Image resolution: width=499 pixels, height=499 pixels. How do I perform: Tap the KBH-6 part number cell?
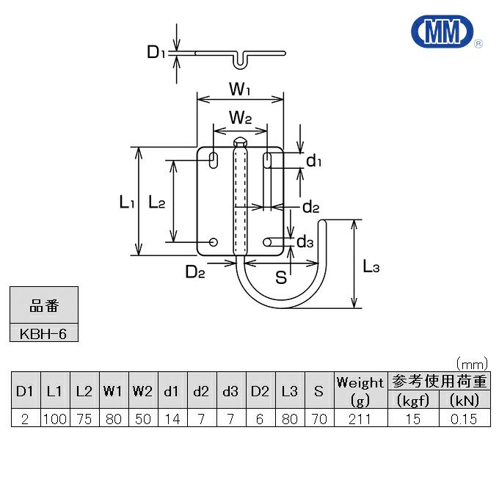pyautogui.click(x=43, y=333)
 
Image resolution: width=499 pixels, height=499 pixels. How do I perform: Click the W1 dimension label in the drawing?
pyautogui.click(x=240, y=90)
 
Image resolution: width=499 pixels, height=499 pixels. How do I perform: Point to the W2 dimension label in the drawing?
pyautogui.click(x=240, y=117)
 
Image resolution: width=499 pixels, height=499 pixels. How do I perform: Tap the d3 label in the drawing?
pyautogui.click(x=305, y=241)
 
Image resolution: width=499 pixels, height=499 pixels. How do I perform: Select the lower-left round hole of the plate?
pyautogui.click(x=214, y=241)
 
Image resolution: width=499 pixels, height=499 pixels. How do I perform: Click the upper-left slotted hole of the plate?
pyautogui.click(x=214, y=159)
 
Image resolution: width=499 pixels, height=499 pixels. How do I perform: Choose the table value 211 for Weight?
pyautogui.click(x=360, y=419)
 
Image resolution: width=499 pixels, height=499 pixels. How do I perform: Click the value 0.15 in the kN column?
pyautogui.click(x=464, y=419)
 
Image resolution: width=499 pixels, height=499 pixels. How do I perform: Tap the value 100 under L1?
pyautogui.click(x=55, y=419)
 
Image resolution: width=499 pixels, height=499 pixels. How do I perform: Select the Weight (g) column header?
pyautogui.click(x=360, y=390)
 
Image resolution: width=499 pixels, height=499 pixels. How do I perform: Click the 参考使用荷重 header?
pyautogui.click(x=438, y=381)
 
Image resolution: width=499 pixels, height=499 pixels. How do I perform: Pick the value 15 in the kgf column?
pyautogui.click(x=412, y=419)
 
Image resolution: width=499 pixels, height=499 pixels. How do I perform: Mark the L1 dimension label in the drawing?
pyautogui.click(x=126, y=203)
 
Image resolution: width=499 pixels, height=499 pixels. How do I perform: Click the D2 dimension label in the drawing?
pyautogui.click(x=194, y=273)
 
